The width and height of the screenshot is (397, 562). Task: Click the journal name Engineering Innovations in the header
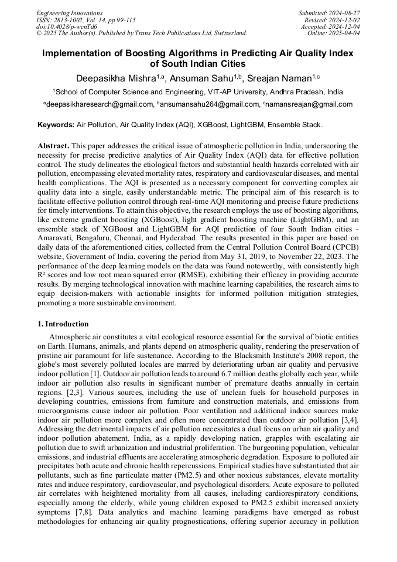(x=69, y=13)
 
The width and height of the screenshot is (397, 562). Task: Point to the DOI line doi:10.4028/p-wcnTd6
(x=66, y=26)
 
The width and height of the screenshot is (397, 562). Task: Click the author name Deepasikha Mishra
(x=115, y=78)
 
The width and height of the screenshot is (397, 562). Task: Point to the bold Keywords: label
(x=56, y=125)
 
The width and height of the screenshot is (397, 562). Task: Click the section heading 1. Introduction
(x=63, y=324)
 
